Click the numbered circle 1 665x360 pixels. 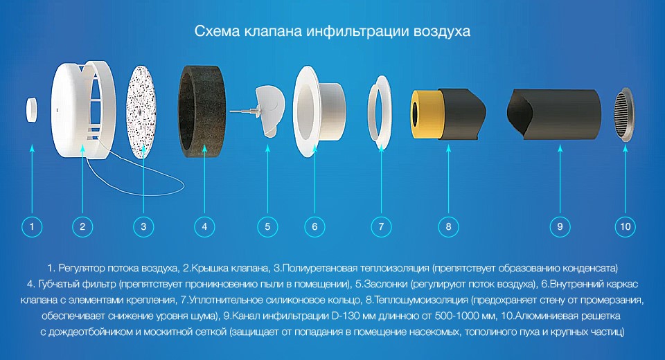[32, 226]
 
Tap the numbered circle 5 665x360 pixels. [267, 226]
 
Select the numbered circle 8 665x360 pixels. [448, 226]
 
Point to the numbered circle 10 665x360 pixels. [625, 226]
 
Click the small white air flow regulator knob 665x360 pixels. [31, 110]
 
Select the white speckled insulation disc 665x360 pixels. [141, 112]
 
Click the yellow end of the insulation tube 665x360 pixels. [420, 114]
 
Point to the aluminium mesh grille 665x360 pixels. [623, 116]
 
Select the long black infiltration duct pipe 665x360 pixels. [553, 114]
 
